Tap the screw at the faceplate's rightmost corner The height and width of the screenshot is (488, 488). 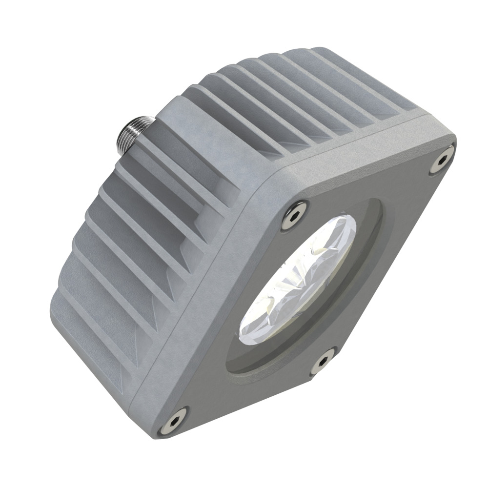pos(443,159)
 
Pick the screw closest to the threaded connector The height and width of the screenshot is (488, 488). pos(294,213)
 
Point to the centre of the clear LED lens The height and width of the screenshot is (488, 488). pos(298,281)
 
